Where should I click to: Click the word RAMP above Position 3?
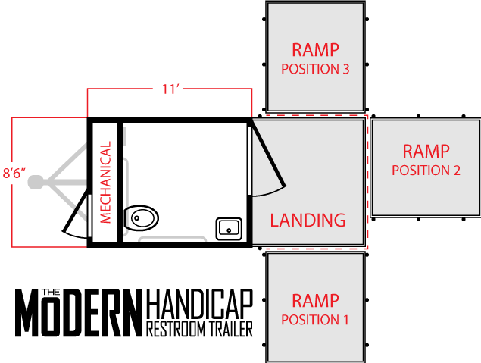[x=315, y=51]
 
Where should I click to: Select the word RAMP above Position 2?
[x=426, y=152]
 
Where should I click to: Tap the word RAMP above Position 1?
[x=315, y=302]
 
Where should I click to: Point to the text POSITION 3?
[x=315, y=69]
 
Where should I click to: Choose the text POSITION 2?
[x=426, y=171]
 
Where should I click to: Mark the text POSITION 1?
[x=315, y=320]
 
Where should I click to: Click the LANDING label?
[x=308, y=221]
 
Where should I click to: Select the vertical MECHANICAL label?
[x=106, y=183]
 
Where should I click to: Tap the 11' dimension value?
[x=170, y=89]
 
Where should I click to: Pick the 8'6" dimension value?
[x=14, y=173]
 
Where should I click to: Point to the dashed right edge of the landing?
[x=367, y=182]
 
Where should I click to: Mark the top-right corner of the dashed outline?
[x=367, y=116]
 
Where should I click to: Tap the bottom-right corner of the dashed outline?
[x=367, y=248]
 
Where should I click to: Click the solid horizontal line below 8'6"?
[x=49, y=247]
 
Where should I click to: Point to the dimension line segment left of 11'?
[x=121, y=89]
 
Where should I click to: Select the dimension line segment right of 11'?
[x=217, y=89]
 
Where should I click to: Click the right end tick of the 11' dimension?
[x=251, y=102]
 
